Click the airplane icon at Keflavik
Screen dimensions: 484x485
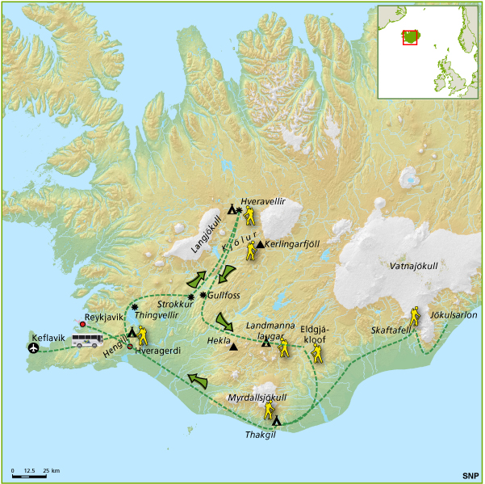coord(33,348)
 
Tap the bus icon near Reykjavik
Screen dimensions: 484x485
coord(89,341)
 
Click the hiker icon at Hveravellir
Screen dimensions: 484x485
coord(251,216)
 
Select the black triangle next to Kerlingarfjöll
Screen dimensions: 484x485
coord(259,244)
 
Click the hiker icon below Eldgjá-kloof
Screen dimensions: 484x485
coord(316,352)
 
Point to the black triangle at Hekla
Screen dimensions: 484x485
coord(233,347)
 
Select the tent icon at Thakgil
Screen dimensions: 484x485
coord(277,420)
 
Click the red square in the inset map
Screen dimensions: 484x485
coord(410,37)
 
